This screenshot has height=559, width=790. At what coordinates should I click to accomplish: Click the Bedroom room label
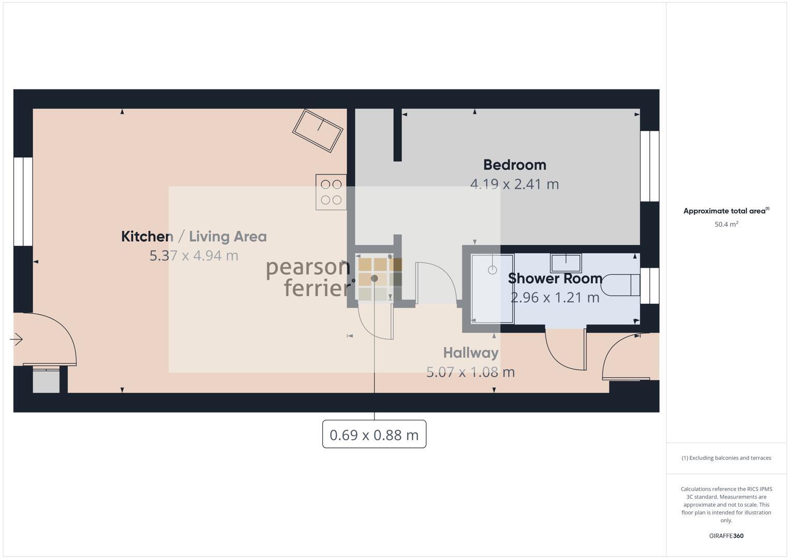pyautogui.click(x=514, y=165)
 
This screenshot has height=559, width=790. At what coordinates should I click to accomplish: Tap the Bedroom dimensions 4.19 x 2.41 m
pyautogui.click(x=514, y=184)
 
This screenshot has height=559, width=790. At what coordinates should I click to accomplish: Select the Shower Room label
pyautogui.click(x=555, y=278)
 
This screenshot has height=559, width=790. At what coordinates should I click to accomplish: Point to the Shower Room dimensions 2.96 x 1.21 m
pyautogui.click(x=555, y=298)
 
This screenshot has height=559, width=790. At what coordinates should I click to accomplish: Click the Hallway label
pyautogui.click(x=471, y=353)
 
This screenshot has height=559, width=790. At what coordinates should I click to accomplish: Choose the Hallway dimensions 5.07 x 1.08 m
pyautogui.click(x=470, y=372)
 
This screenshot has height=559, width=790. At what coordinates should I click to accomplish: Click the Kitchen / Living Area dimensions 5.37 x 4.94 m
pyautogui.click(x=193, y=256)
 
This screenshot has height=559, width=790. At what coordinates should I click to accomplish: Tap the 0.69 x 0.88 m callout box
pyautogui.click(x=374, y=434)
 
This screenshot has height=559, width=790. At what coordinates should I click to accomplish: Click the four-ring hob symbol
pyautogui.click(x=331, y=192)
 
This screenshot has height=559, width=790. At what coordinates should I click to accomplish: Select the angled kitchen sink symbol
pyautogui.click(x=318, y=130)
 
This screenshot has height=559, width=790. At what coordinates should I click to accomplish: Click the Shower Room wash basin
pyautogui.click(x=565, y=262)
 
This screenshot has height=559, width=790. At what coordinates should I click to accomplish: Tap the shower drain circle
pyautogui.click(x=492, y=270)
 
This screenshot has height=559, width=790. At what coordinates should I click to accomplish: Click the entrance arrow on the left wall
pyautogui.click(x=17, y=340)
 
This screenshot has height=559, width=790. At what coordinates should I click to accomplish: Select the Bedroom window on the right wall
pyautogui.click(x=650, y=166)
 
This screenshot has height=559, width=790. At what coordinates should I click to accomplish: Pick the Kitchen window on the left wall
pyautogui.click(x=23, y=201)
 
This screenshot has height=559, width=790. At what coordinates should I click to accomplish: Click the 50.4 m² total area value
pyautogui.click(x=726, y=224)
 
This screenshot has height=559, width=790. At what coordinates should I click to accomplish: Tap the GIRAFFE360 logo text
pyautogui.click(x=726, y=536)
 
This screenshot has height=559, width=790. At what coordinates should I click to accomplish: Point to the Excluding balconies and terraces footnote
pyautogui.click(x=726, y=458)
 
